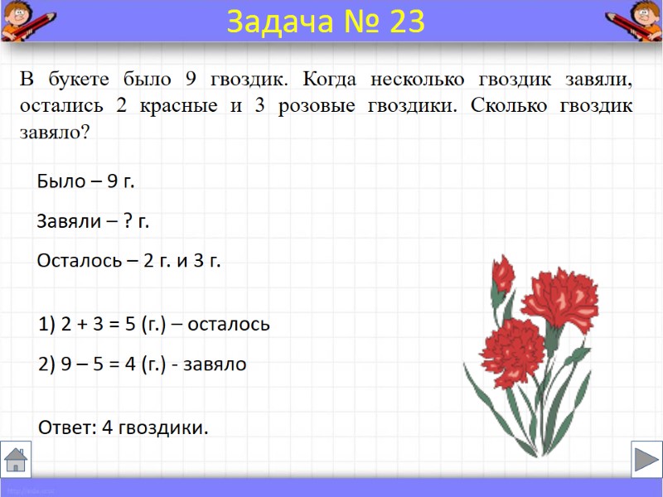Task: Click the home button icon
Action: coord(16,459)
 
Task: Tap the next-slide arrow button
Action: coord(646,459)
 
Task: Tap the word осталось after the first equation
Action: coord(229,324)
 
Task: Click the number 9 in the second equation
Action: coord(67,364)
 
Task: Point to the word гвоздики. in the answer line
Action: coord(163,427)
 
